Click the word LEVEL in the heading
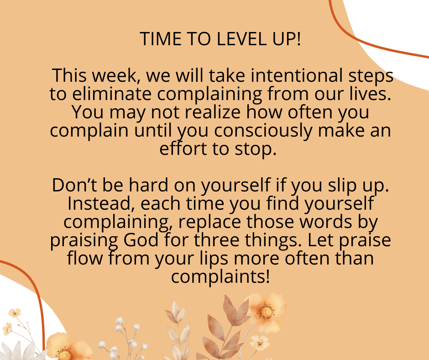pyautogui.click(x=241, y=39)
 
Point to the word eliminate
pyautogui.click(x=112, y=94)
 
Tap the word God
pyautogui.click(x=141, y=240)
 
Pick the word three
pyautogui.click(x=217, y=240)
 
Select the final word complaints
pyautogui.click(x=220, y=277)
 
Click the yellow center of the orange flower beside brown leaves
pyautogui.click(x=267, y=312)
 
